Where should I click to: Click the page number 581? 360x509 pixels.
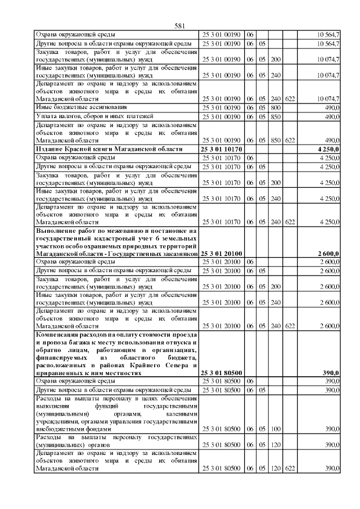[180, 26]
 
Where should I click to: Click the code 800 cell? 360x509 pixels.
[275, 106]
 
